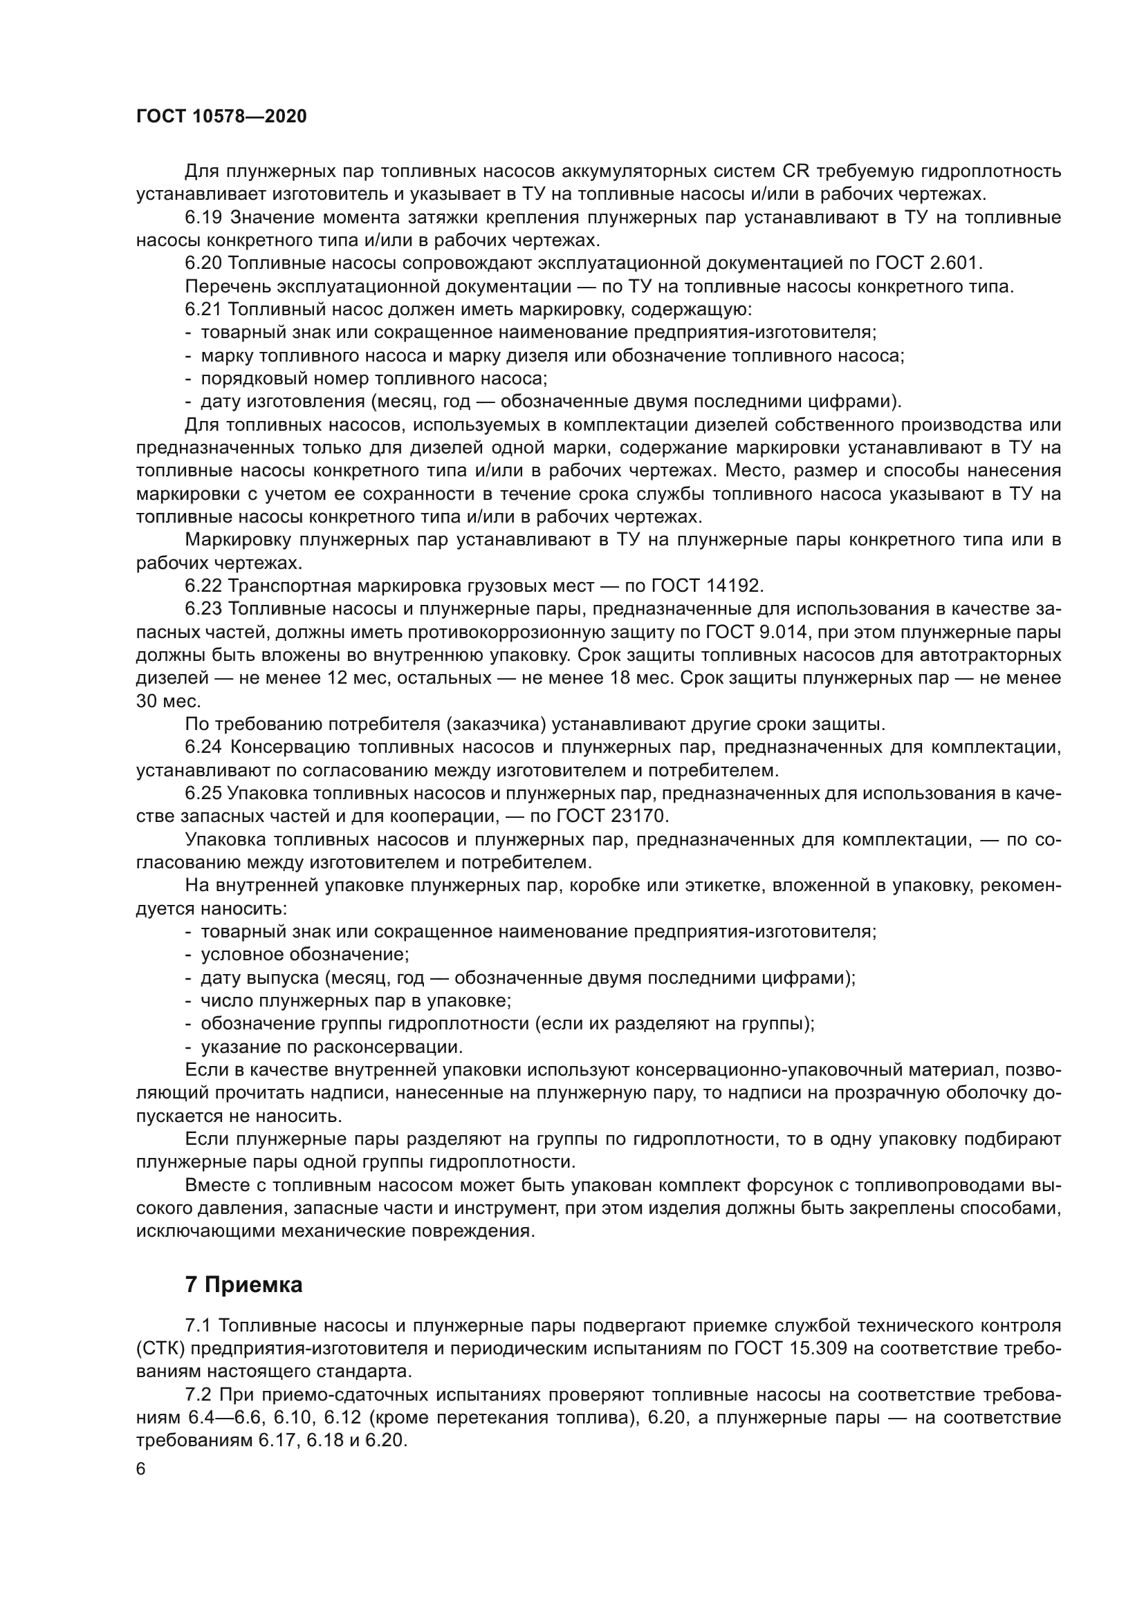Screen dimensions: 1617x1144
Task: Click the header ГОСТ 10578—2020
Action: [x=221, y=117]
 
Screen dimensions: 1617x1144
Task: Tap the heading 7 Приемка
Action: [x=243, y=1284]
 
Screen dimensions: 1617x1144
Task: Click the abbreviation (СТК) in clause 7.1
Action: [x=159, y=1349]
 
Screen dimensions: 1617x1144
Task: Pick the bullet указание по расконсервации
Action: [x=332, y=1047]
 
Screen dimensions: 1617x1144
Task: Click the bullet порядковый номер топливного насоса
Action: [x=373, y=379]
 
